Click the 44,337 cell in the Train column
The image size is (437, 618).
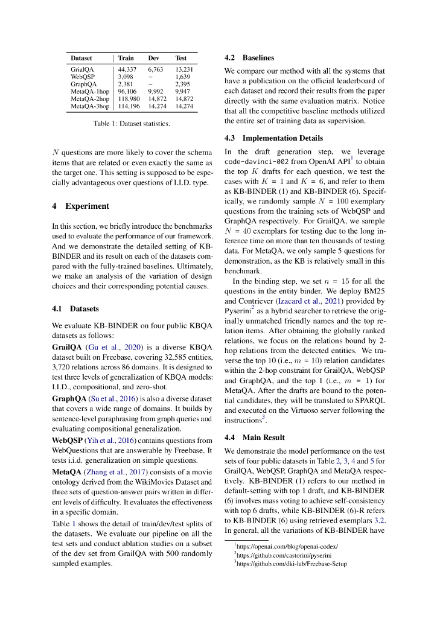click(x=127, y=70)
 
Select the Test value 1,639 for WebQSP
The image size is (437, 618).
click(x=182, y=77)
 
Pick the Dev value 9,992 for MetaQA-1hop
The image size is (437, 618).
click(x=156, y=92)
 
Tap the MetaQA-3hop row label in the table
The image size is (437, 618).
click(x=90, y=106)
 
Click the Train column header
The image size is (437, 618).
click(x=126, y=59)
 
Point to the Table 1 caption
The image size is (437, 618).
click(x=132, y=124)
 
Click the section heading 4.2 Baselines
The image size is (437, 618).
click(x=249, y=58)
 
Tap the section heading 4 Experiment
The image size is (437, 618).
click(x=81, y=206)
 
